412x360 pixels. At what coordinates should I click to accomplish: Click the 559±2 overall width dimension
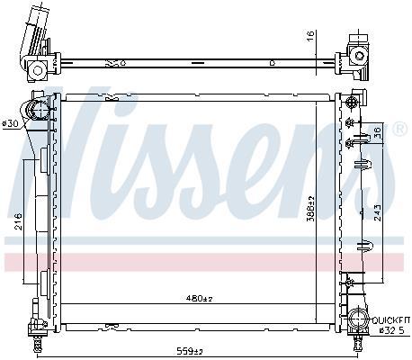pyautogui.click(x=191, y=351)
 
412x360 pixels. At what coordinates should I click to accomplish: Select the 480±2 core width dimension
pyautogui.click(x=200, y=299)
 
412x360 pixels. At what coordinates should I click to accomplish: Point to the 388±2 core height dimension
pyautogui.click(x=311, y=209)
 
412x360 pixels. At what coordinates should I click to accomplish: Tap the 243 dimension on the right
pyautogui.click(x=378, y=212)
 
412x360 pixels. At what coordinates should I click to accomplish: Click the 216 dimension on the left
pyautogui.click(x=19, y=221)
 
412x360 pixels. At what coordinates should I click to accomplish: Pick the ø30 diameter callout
pyautogui.click(x=10, y=123)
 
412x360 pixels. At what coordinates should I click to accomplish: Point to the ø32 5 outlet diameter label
pyautogui.click(x=391, y=330)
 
